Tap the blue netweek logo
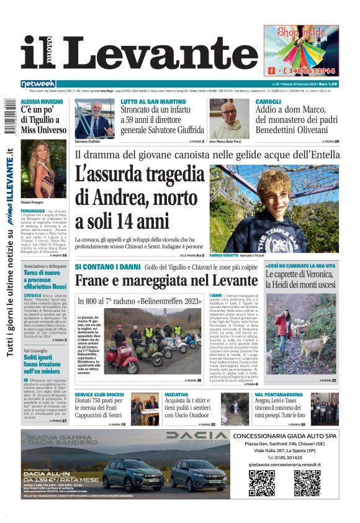tap(38, 84)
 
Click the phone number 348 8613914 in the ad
tap(310, 71)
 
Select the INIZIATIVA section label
tap(176, 394)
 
